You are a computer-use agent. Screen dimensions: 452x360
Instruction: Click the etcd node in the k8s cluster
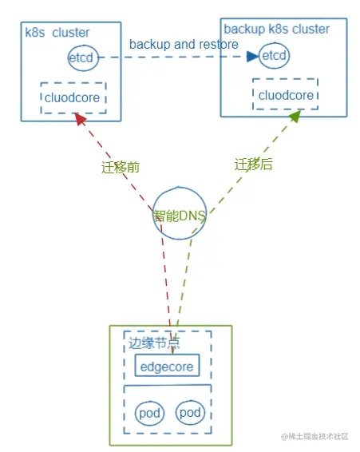pyautogui.click(x=83, y=58)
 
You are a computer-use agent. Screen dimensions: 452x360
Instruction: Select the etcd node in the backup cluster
pyautogui.click(x=274, y=56)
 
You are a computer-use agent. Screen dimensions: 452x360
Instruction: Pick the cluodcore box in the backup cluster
pyautogui.click(x=285, y=95)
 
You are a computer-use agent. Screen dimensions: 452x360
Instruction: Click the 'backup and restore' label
pyautogui.click(x=184, y=44)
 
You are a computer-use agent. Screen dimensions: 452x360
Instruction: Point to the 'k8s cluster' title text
pyautogui.click(x=57, y=33)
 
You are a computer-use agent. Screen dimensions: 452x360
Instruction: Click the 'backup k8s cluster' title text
pyautogui.click(x=276, y=29)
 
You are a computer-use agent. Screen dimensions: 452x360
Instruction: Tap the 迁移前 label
pyautogui.click(x=121, y=168)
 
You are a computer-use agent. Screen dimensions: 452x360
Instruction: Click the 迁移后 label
pyautogui.click(x=254, y=165)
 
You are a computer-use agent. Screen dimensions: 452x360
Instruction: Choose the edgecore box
pyautogui.click(x=166, y=366)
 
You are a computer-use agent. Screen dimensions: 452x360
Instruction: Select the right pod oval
pyautogui.click(x=189, y=413)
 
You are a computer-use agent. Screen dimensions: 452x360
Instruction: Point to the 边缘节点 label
pyautogui.click(x=154, y=344)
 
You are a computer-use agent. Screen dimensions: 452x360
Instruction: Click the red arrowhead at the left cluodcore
pyautogui.click(x=78, y=119)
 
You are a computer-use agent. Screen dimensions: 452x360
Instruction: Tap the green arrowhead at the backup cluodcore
pyautogui.click(x=294, y=117)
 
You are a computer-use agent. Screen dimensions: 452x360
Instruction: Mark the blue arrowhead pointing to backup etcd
pyautogui.click(x=252, y=57)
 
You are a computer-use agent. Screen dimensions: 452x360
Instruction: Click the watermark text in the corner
pyautogui.click(x=315, y=436)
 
